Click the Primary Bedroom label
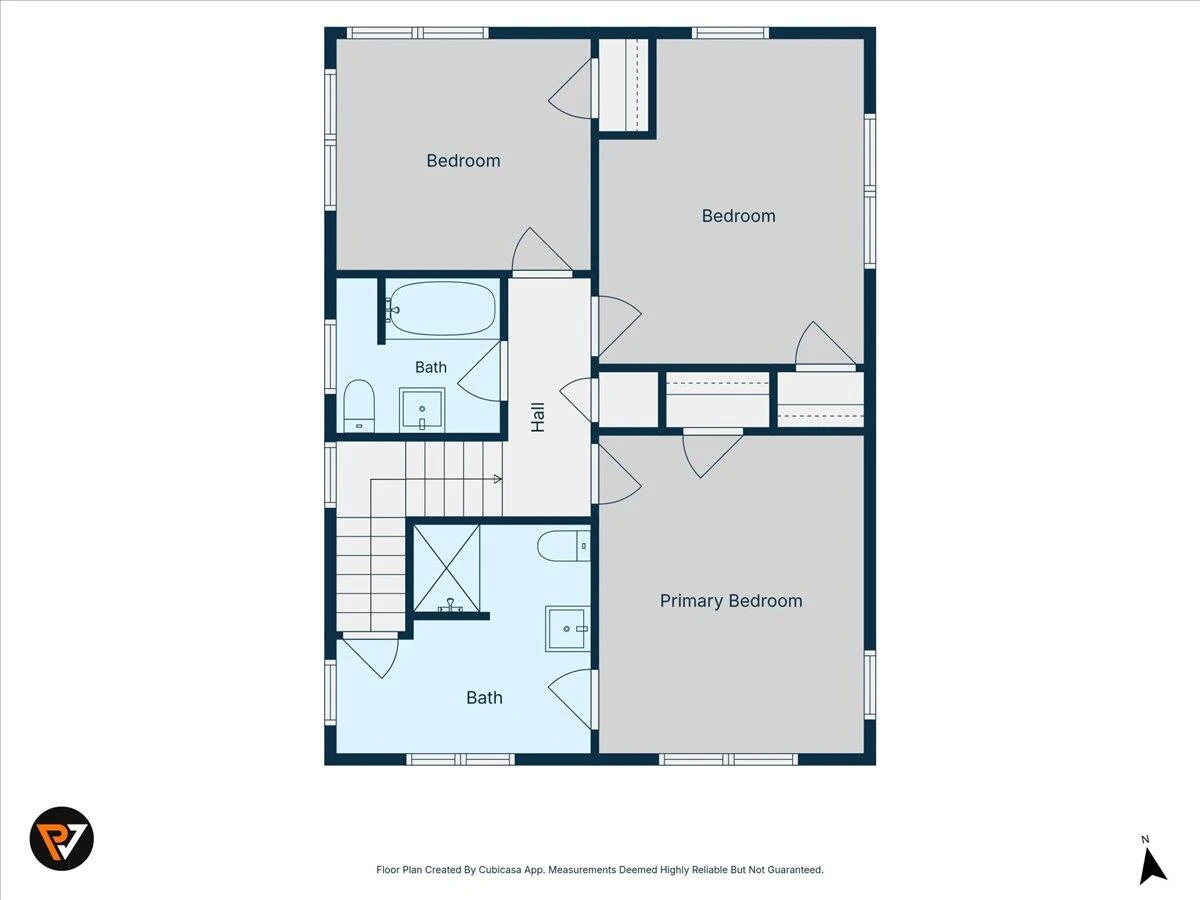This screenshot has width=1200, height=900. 731,601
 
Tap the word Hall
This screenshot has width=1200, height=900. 538,417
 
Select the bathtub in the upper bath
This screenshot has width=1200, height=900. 442,309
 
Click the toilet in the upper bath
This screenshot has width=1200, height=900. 359,406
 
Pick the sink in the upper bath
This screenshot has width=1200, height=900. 422,410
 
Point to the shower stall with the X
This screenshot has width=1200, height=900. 447,569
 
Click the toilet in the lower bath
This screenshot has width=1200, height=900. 564,546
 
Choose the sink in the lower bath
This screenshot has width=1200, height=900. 567,629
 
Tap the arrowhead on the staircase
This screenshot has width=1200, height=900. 497,479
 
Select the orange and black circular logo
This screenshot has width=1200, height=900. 62,839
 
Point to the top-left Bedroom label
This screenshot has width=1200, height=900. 463,161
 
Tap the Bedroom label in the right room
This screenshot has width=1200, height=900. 739,216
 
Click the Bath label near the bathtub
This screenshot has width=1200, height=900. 431,367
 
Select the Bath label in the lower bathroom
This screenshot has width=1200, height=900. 484,698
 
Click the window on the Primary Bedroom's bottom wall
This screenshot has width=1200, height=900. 728,760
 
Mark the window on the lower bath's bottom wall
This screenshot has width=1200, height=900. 460,760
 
